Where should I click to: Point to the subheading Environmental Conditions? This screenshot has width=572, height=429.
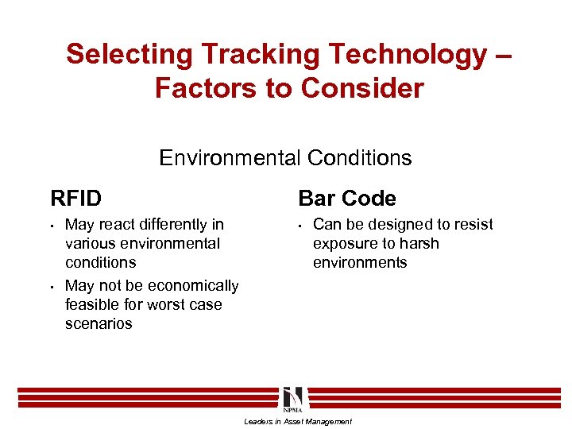point(285,158)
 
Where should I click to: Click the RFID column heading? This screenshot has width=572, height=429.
point(75,198)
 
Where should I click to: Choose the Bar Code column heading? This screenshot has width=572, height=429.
point(346,198)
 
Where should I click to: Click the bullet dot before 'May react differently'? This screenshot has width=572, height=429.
point(52,225)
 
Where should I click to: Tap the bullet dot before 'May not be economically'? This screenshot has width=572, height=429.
point(52,286)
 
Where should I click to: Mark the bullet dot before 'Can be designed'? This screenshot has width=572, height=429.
point(300,225)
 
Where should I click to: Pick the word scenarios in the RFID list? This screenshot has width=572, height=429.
point(99,323)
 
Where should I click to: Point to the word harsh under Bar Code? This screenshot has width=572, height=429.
point(418,244)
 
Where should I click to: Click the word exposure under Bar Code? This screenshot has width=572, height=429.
point(346,244)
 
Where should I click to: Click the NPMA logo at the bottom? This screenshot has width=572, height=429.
point(292,397)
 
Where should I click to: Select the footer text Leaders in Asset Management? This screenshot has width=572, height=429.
point(297,421)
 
